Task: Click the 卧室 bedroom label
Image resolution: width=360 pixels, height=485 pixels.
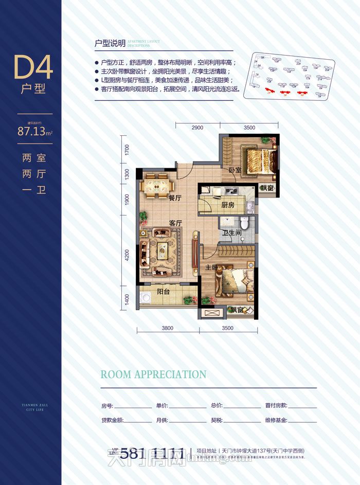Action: coord(235,170)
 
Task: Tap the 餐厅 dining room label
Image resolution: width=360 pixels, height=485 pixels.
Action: coord(175,197)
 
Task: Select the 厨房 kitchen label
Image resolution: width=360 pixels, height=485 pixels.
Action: coord(228,205)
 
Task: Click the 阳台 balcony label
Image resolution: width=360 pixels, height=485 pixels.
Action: coord(164,292)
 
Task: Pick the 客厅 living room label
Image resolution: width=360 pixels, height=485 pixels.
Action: coord(176,223)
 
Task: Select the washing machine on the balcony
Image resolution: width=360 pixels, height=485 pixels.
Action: coord(146,296)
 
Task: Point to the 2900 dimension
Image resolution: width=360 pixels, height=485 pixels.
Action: coord(197,128)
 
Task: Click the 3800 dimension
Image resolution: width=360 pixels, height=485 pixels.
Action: coord(167,328)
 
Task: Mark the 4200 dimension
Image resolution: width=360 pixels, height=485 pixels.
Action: coord(127,255)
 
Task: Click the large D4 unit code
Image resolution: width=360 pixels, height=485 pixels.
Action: coord(34,67)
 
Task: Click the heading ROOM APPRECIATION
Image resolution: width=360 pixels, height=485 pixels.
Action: coord(153,374)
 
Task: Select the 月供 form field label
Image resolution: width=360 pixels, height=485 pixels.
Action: coord(161,420)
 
